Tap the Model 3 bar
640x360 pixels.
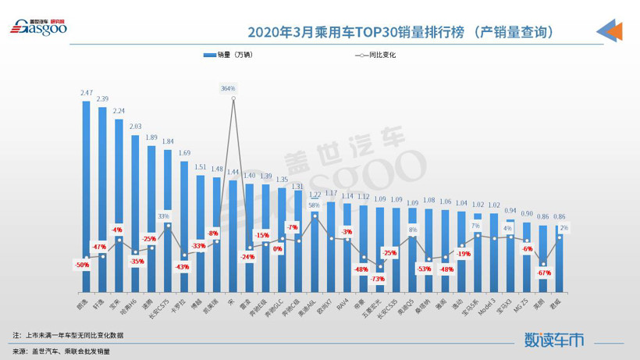tap(494, 250)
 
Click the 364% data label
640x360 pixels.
tap(228, 89)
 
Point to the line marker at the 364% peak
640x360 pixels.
tap(233, 99)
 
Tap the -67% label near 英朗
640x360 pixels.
tap(544, 273)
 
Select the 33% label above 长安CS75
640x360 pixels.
tap(164, 216)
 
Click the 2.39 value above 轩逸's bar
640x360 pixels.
tap(102, 99)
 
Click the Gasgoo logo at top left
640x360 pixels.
tap(38, 27)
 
